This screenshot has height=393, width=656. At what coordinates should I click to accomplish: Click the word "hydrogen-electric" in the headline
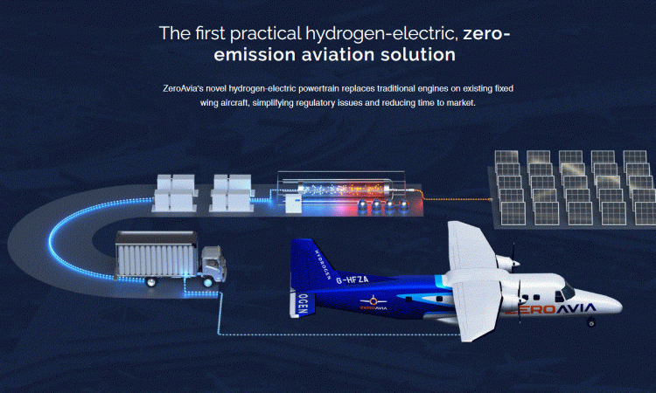pos(381,34)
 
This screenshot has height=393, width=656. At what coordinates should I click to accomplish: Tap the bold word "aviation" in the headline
pos(338,55)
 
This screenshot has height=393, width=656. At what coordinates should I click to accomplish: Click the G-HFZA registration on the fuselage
pos(352,279)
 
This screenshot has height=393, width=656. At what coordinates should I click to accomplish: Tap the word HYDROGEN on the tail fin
pos(323,265)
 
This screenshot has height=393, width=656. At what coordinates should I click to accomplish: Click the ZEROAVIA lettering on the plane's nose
pos(550,309)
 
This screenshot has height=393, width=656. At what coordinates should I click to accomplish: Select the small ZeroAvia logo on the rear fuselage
pos(373,303)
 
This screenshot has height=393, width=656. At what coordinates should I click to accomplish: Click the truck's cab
pos(213,264)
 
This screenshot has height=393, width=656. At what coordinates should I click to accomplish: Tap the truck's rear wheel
pos(150,282)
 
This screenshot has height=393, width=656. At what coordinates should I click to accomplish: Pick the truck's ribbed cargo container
pos(157,254)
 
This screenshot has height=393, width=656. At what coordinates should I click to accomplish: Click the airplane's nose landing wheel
pos(590,322)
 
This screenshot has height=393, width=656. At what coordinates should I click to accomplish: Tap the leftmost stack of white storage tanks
pos(175,192)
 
